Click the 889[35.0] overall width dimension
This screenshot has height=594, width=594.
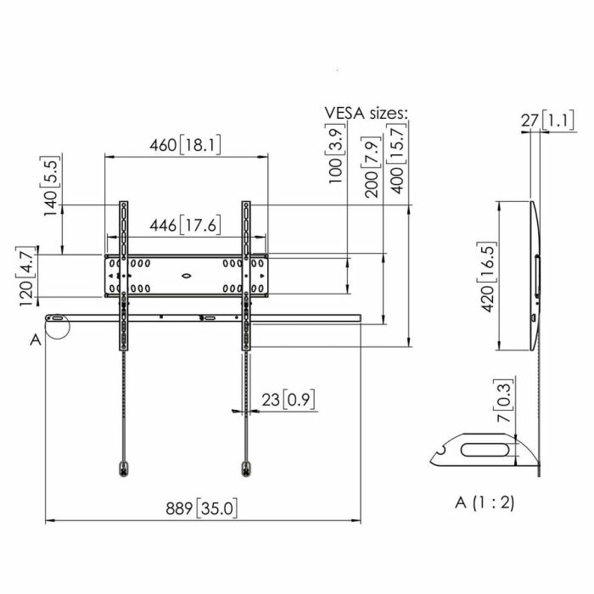pyautogui.click(x=201, y=508)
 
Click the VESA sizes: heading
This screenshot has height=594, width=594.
pyautogui.click(x=366, y=113)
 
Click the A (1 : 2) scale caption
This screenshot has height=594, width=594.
pyautogui.click(x=484, y=502)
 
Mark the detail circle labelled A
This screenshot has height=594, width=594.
pyautogui.click(x=56, y=328)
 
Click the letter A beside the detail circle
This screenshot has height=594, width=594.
pyautogui.click(x=35, y=339)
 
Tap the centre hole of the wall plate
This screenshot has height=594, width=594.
pyautogui.click(x=187, y=275)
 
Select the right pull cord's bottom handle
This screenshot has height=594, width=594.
pyautogui.click(x=247, y=467)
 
